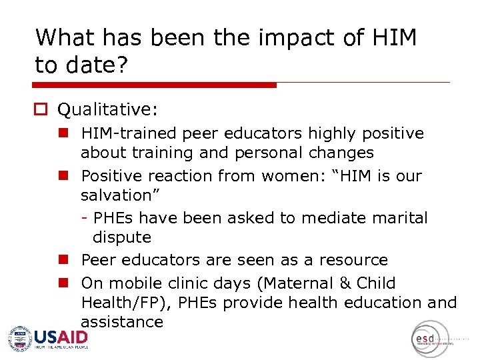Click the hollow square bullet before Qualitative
click(43, 109)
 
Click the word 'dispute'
click(122, 237)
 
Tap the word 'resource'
click(353, 260)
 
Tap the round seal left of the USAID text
click(19, 339)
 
